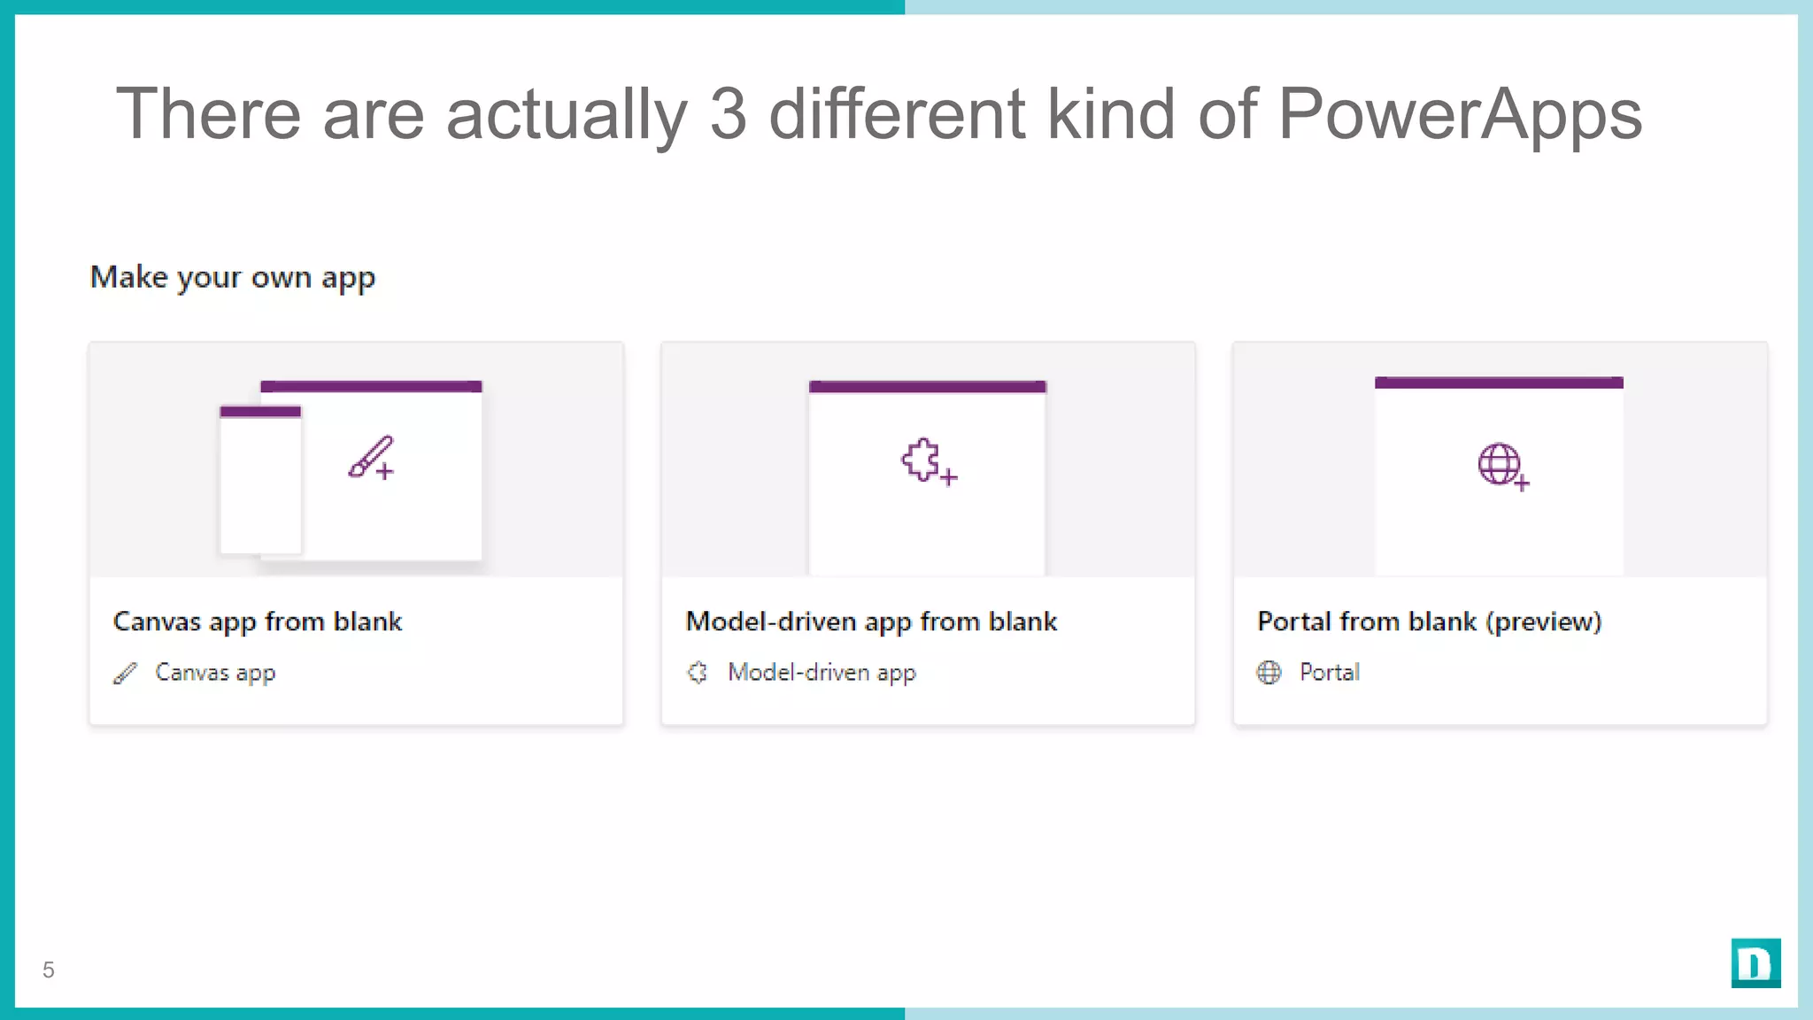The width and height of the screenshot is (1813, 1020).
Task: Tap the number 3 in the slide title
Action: pyautogui.click(x=728, y=115)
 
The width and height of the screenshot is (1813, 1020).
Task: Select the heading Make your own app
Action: pyautogui.click(x=233, y=278)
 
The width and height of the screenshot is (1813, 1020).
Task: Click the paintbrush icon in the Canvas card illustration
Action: pyautogui.click(x=371, y=457)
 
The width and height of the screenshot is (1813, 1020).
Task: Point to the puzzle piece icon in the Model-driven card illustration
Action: pyautogui.click(x=923, y=460)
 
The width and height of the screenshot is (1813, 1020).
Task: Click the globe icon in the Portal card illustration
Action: pyautogui.click(x=1500, y=464)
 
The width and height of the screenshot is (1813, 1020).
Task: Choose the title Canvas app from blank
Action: pyautogui.click(x=258, y=622)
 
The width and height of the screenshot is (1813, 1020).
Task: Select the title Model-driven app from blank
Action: pyautogui.click(x=871, y=622)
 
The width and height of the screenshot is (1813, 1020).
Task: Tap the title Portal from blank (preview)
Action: pyautogui.click(x=1429, y=622)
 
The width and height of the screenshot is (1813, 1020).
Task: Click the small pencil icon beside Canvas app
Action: pyautogui.click(x=126, y=674)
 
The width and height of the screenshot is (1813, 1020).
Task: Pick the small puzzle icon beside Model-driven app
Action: pyautogui.click(x=698, y=673)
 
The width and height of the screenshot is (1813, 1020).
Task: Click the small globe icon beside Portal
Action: pyautogui.click(x=1269, y=673)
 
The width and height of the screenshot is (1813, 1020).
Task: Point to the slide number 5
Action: pyautogui.click(x=49, y=970)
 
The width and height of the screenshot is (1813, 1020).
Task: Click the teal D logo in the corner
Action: pyautogui.click(x=1755, y=963)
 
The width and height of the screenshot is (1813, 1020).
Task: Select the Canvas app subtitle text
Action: pyautogui.click(x=215, y=673)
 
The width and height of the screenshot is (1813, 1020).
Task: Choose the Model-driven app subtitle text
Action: pyautogui.click(x=822, y=673)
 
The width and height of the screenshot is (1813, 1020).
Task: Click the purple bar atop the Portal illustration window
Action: pyautogui.click(x=1499, y=382)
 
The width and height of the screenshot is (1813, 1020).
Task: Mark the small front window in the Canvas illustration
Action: pyautogui.click(x=260, y=483)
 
